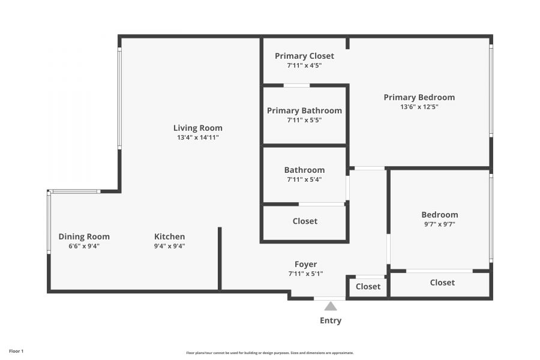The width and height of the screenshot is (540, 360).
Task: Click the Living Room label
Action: click(x=197, y=128)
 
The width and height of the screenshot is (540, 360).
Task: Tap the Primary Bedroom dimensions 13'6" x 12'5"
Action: click(x=419, y=107)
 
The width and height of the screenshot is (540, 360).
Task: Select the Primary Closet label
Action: click(x=304, y=56)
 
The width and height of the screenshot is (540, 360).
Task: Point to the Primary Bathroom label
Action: click(x=304, y=110)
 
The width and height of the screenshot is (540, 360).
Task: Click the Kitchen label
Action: click(x=169, y=236)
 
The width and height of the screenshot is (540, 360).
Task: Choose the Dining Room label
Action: click(x=84, y=236)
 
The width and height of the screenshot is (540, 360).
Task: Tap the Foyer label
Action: click(x=306, y=264)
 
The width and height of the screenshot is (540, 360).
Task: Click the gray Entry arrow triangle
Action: click(x=331, y=306)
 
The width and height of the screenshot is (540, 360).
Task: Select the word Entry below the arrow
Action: click(x=331, y=321)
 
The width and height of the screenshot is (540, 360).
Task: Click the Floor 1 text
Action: click(x=16, y=352)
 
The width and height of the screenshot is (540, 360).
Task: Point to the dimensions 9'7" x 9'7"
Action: click(x=440, y=224)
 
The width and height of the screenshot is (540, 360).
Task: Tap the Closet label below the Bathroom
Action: click(x=305, y=221)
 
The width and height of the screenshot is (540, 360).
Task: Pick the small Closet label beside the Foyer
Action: click(x=368, y=287)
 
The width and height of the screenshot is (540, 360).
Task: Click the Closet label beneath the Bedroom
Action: click(x=442, y=283)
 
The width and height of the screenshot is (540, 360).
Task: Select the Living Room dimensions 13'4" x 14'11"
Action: click(x=198, y=137)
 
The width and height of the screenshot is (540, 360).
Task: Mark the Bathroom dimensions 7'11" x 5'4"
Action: click(x=304, y=179)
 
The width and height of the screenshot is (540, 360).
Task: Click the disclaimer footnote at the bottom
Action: click(x=270, y=353)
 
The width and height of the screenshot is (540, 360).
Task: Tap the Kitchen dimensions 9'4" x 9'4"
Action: click(x=169, y=247)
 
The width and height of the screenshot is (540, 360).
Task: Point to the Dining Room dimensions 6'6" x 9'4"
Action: click(x=84, y=247)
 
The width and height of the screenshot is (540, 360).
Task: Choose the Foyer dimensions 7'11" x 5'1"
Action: click(x=306, y=274)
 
